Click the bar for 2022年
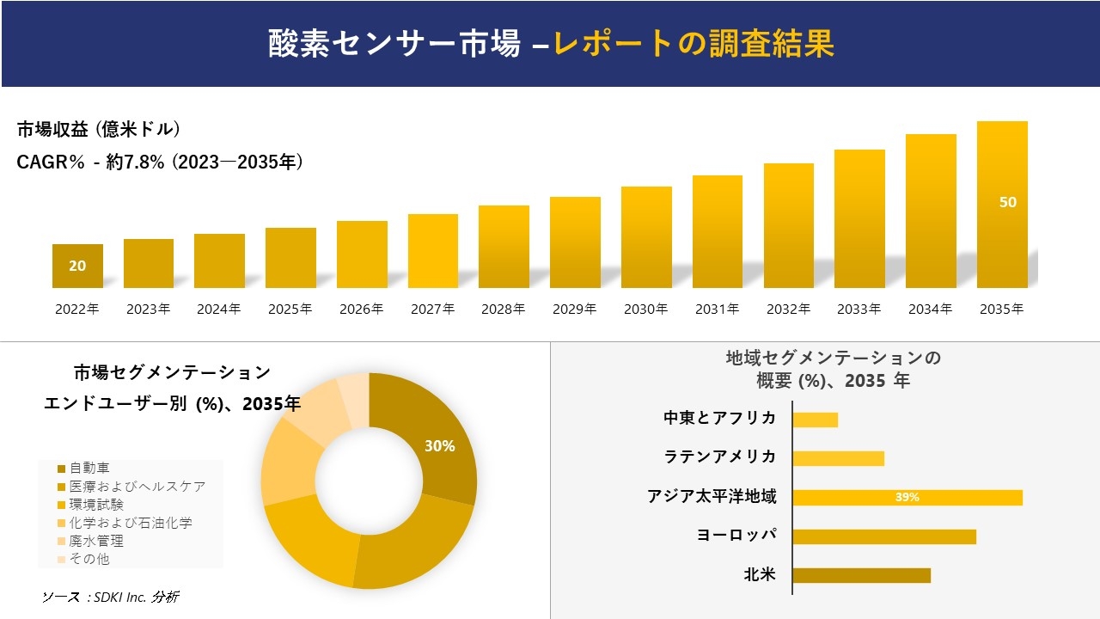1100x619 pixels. (x=77, y=267)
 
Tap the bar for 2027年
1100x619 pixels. (x=433, y=251)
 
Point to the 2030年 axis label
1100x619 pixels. (x=645, y=309)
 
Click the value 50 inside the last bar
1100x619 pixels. (x=1008, y=202)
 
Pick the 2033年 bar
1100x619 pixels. (x=859, y=219)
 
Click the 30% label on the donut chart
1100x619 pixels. (x=439, y=446)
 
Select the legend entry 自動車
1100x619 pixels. (x=89, y=469)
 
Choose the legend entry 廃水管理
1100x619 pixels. (x=96, y=541)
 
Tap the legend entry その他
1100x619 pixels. (x=89, y=559)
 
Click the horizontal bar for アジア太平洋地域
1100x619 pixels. (x=907, y=497)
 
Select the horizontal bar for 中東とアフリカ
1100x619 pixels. (x=815, y=420)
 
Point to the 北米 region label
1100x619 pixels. (x=760, y=574)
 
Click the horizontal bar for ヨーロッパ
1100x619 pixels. (x=883, y=536)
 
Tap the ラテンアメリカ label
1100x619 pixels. (x=720, y=457)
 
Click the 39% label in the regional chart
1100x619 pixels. (x=907, y=497)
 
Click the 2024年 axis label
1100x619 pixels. (x=219, y=309)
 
